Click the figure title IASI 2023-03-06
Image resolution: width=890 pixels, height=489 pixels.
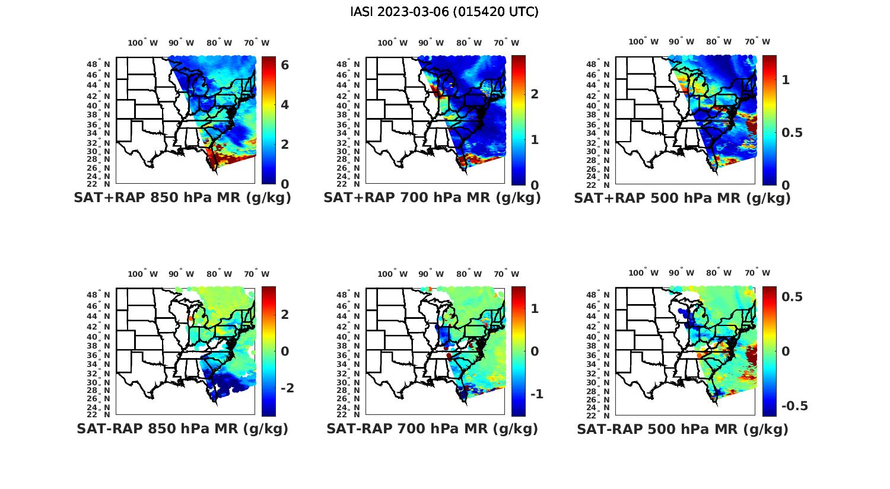coord(444,12)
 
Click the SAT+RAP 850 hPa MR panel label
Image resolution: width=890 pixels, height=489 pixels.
coord(182,198)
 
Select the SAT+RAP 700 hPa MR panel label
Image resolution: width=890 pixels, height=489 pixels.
coord(432,198)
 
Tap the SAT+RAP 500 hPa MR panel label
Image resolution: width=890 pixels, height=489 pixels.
coord(682,198)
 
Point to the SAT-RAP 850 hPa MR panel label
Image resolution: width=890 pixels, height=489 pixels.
coord(182,429)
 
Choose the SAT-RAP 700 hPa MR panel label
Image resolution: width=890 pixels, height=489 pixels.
coord(432,429)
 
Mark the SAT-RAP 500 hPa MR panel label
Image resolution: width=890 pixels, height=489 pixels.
coord(682,429)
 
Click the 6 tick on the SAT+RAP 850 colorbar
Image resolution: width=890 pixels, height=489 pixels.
coord(285,65)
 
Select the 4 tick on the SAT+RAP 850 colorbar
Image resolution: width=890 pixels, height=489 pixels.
coord(285,105)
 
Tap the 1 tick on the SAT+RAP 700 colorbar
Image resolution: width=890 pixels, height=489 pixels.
coord(535,140)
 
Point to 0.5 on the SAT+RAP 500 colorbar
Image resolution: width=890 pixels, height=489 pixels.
coord(792,133)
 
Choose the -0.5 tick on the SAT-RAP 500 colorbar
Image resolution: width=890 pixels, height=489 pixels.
coord(794,406)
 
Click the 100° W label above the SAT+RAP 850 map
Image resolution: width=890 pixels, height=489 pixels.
coord(143,43)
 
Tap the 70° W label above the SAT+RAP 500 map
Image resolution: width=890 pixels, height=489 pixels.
coord(758,41)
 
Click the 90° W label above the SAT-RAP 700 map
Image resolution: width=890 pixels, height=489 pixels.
coord(431,274)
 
